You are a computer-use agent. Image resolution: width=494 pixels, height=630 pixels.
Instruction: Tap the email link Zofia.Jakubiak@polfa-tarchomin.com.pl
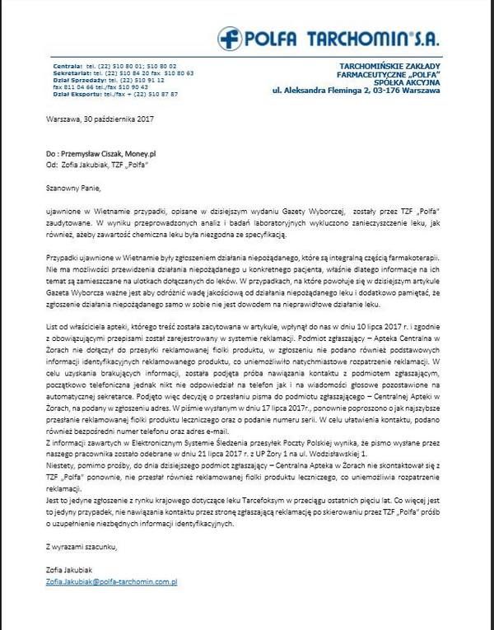[112, 582]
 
